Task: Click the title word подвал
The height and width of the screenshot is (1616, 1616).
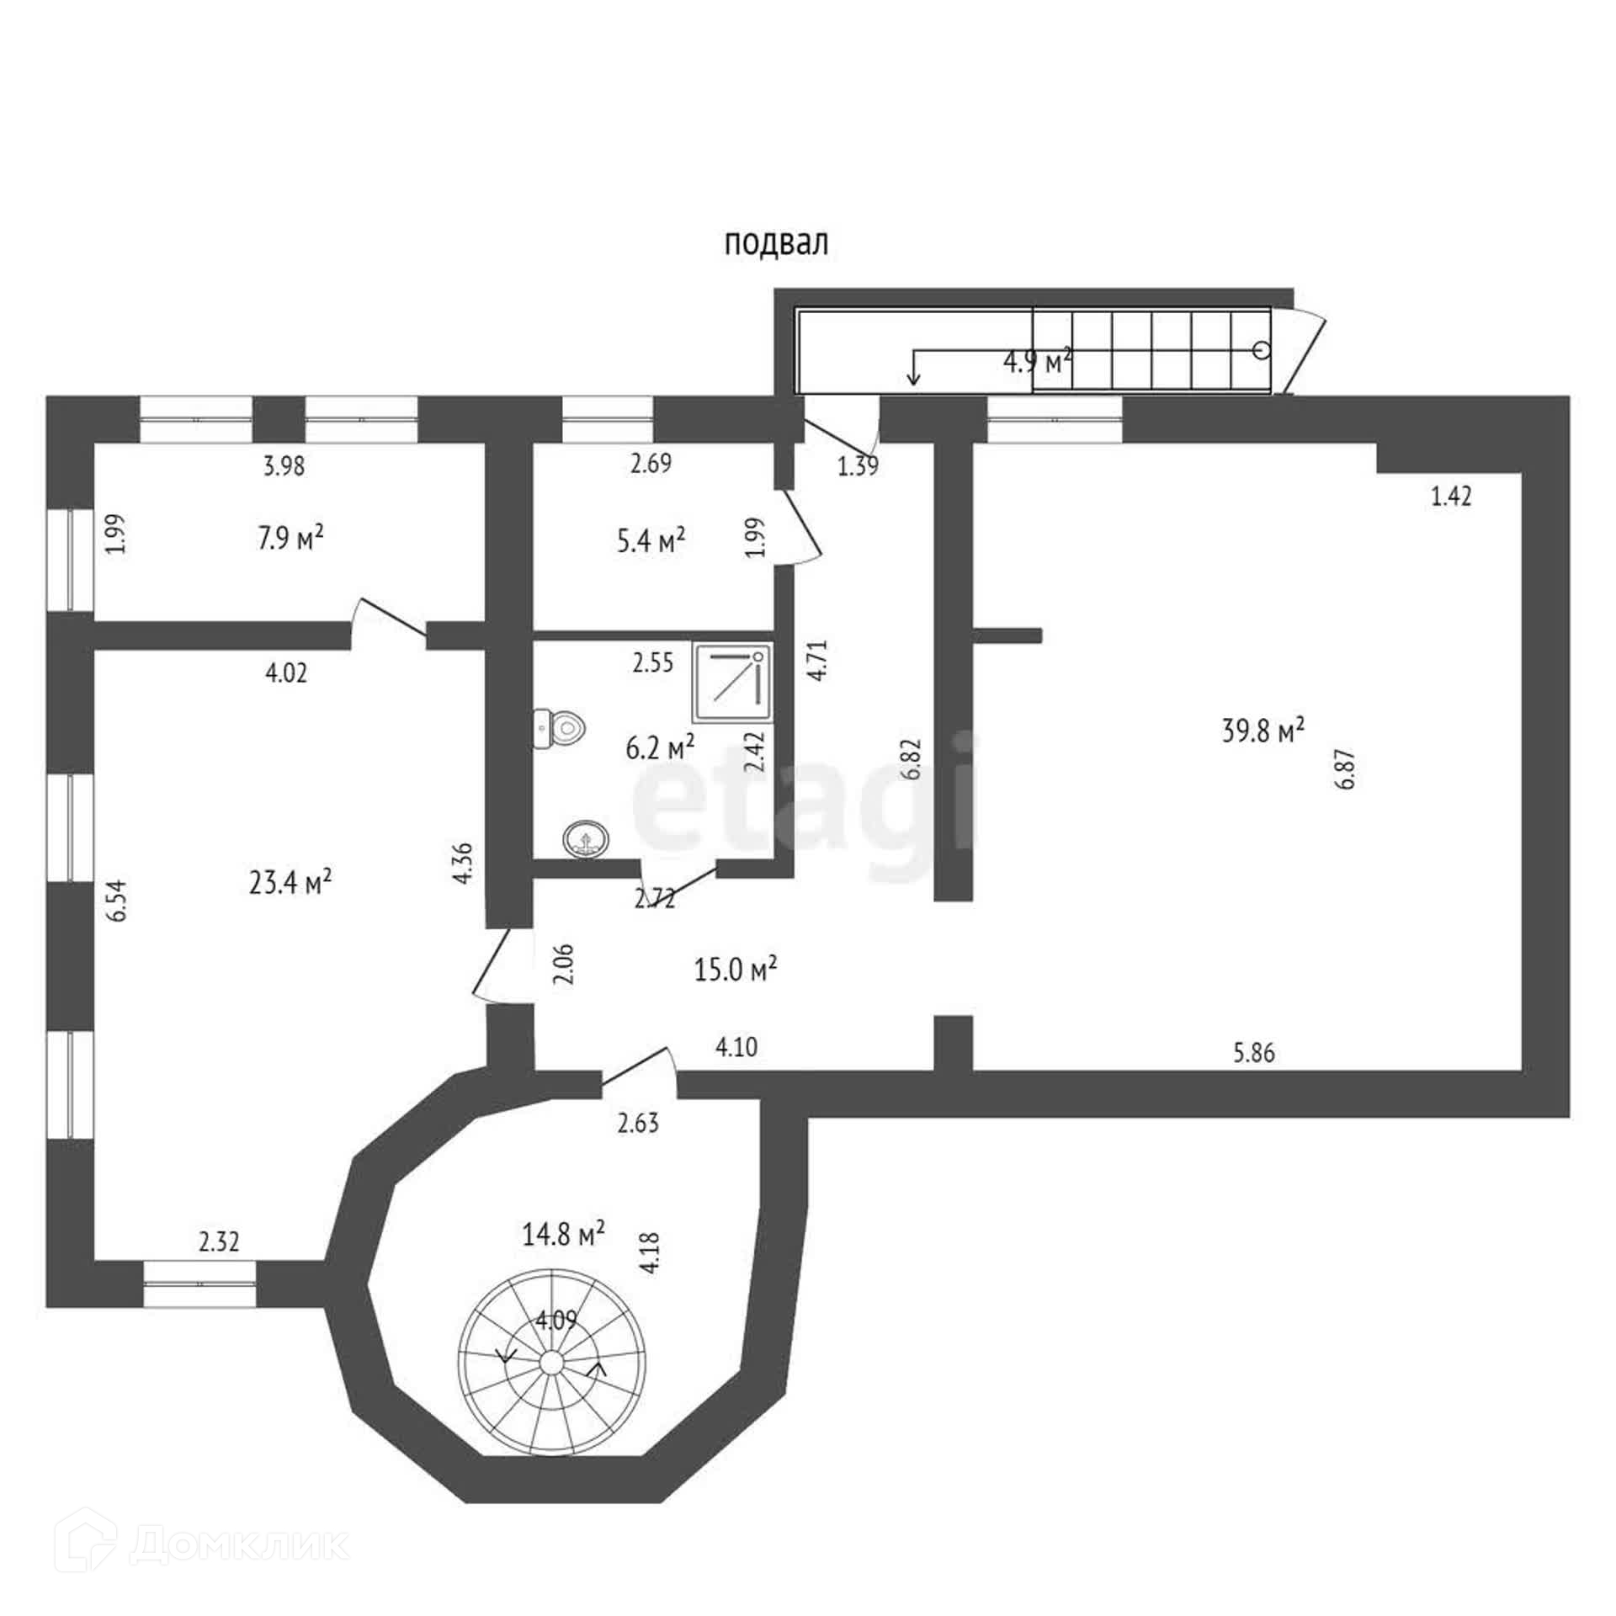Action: (776, 243)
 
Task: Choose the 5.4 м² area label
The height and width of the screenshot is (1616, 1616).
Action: (651, 540)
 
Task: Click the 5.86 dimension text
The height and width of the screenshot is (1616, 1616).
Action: (1254, 1052)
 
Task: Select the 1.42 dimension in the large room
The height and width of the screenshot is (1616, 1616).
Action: (1451, 497)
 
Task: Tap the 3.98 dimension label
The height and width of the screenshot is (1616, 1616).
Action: (284, 465)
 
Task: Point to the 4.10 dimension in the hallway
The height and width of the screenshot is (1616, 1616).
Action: (736, 1047)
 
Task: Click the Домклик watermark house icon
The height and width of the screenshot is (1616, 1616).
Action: (91, 1543)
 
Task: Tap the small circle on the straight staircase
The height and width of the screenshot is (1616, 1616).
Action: (1261, 350)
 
